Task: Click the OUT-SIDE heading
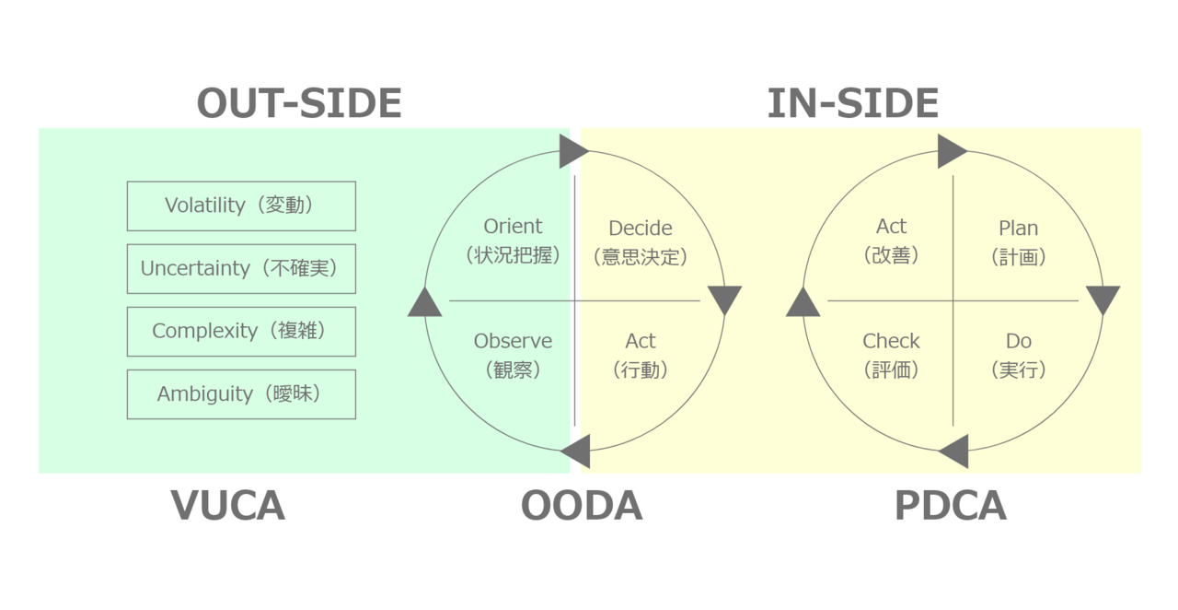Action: click(x=299, y=103)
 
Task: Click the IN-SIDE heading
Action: click(x=852, y=103)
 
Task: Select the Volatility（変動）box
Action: click(x=241, y=205)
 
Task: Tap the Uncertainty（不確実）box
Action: click(x=241, y=268)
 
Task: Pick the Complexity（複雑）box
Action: click(x=241, y=331)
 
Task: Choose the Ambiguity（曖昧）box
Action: click(x=241, y=394)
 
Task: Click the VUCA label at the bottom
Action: click(x=228, y=506)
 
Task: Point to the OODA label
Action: click(x=581, y=506)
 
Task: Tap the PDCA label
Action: click(x=950, y=506)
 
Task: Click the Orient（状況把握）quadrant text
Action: click(x=513, y=240)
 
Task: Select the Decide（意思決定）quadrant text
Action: click(x=641, y=241)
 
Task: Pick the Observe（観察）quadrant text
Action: click(x=513, y=355)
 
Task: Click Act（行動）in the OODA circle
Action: click(x=641, y=355)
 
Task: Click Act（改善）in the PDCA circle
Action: click(x=891, y=240)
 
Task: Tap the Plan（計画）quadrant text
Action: click(x=1018, y=241)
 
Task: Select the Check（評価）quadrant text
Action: click(x=891, y=355)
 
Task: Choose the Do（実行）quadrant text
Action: click(x=1018, y=355)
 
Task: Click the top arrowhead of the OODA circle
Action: click(x=573, y=150)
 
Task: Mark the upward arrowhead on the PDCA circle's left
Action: click(x=803, y=302)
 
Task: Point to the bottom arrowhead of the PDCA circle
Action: click(x=954, y=452)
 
